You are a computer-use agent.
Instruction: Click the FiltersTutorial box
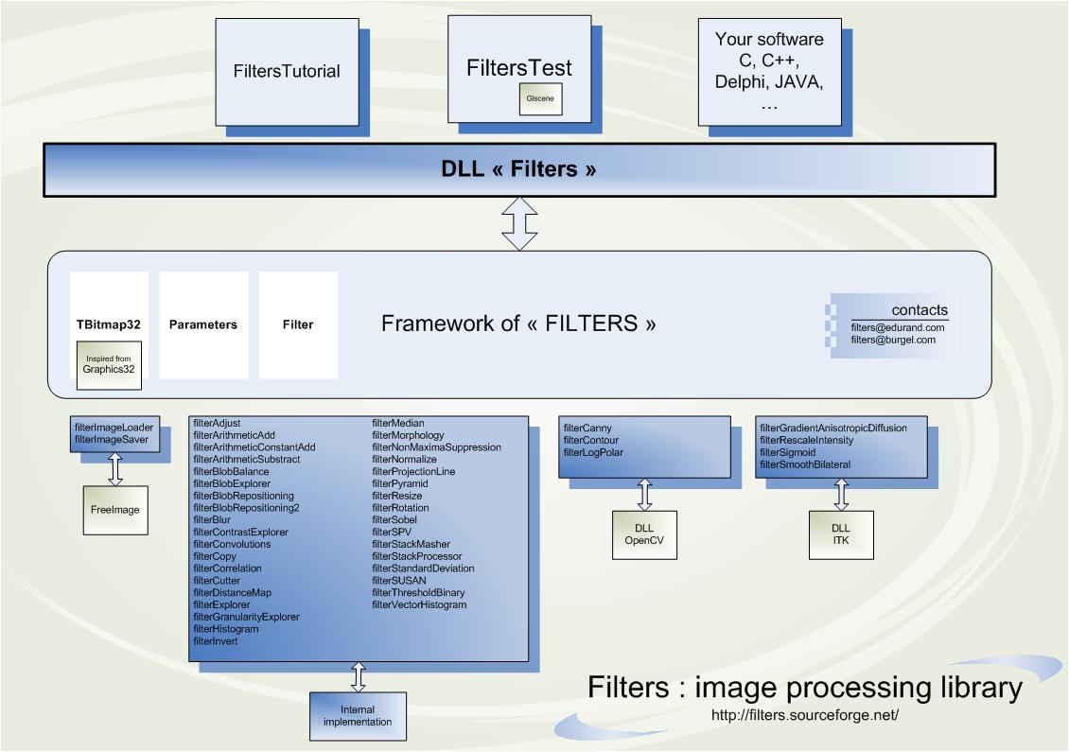pyautogui.click(x=287, y=71)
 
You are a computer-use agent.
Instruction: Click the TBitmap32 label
pyautogui.click(x=109, y=324)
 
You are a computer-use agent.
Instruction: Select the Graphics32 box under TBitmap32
pyautogui.click(x=109, y=365)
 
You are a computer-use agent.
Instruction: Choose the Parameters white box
pyautogui.click(x=203, y=324)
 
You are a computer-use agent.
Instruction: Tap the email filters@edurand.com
pyautogui.click(x=898, y=327)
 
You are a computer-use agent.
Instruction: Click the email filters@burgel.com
pyautogui.click(x=893, y=340)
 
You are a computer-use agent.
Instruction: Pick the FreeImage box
pyautogui.click(x=115, y=510)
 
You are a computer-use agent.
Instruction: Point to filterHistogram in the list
pyautogui.click(x=225, y=629)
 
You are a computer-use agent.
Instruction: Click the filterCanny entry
pyautogui.click(x=587, y=428)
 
